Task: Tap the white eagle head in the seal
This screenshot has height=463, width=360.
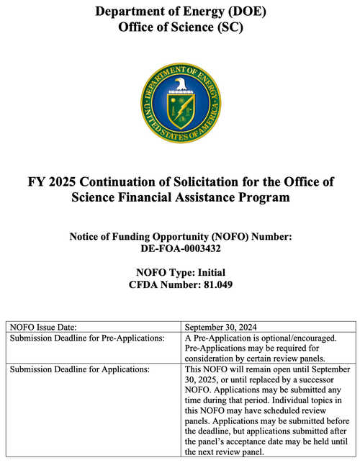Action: (181, 85)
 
